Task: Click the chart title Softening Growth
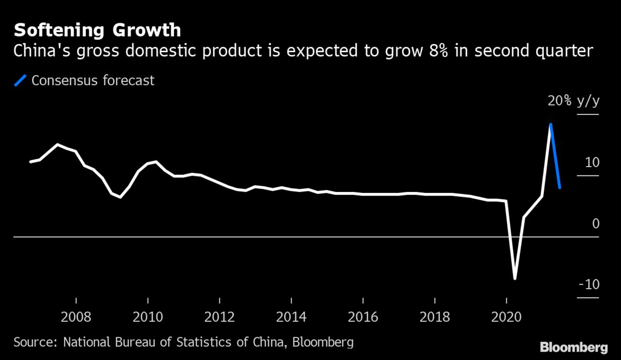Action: [x=97, y=31]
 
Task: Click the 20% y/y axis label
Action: [x=573, y=101]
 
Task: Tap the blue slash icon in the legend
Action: [x=21, y=81]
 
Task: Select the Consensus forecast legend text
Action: [x=93, y=81]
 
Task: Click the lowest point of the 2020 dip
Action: [x=515, y=279]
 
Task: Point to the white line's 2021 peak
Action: [x=551, y=124]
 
